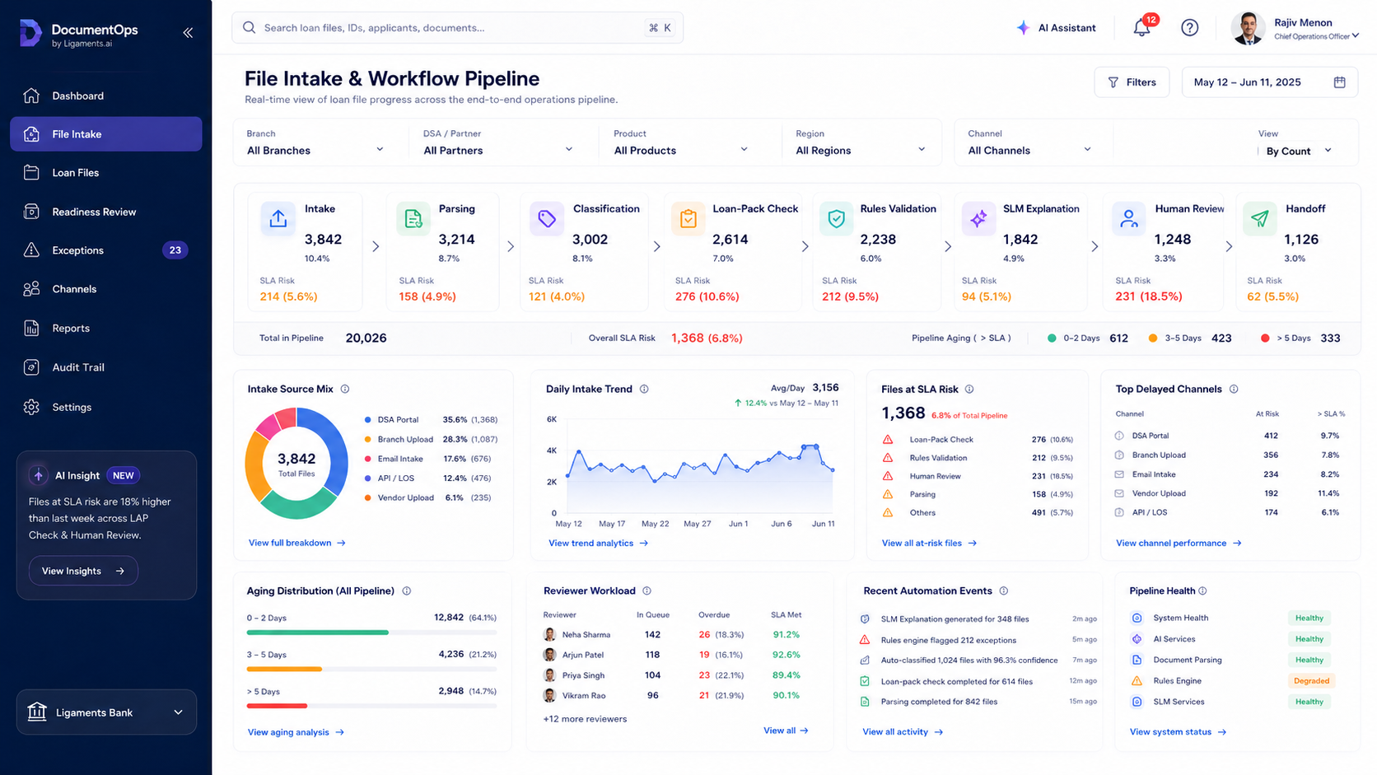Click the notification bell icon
(x=1141, y=28)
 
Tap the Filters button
(x=1132, y=82)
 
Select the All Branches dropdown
(x=315, y=151)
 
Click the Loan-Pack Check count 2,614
(x=731, y=239)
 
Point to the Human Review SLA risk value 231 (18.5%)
(x=1148, y=296)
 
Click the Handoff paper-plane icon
(x=1259, y=219)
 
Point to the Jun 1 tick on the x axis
(x=738, y=524)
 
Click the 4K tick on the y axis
(x=552, y=451)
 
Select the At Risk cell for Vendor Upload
(x=1271, y=493)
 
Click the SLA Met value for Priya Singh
(x=787, y=675)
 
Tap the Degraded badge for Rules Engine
(x=1311, y=680)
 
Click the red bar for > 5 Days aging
(x=277, y=706)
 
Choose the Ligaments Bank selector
(x=106, y=712)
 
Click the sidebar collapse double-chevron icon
(x=188, y=33)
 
